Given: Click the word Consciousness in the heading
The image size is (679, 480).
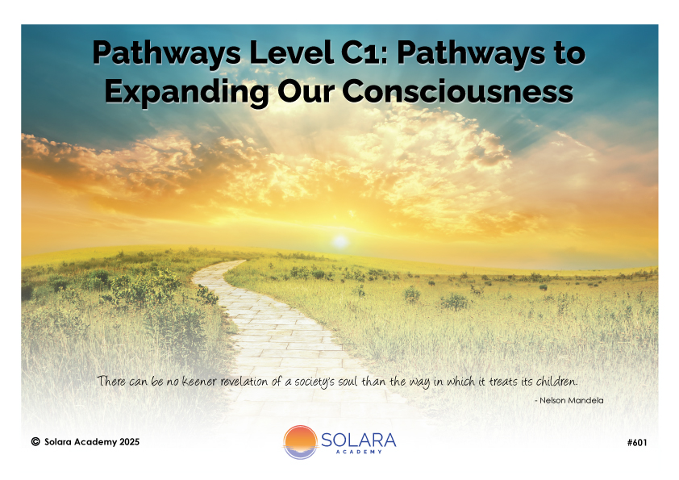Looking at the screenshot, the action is pos(458,91).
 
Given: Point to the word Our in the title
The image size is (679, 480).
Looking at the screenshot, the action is pos(306,91).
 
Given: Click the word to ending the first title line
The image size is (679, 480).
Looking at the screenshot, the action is pos(570,54).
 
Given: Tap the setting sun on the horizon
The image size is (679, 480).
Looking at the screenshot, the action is pos(340,241).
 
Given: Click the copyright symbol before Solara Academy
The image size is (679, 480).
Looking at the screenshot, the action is pos(35,441).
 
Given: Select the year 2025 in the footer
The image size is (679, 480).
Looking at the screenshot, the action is pos(130,442).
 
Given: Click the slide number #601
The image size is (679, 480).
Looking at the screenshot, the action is pos(637,442).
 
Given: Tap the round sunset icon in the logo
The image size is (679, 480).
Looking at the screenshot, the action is pos(300,442).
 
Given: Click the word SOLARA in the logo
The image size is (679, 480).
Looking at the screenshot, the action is pos(359,440).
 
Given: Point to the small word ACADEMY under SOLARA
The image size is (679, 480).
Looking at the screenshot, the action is pos(359,452).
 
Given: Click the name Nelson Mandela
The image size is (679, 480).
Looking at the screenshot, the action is pos(572,400).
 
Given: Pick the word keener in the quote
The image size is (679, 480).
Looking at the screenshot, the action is pos(198,382).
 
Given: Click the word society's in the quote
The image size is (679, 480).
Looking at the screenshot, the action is pos(315,382).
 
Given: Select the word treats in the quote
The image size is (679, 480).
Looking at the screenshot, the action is pos(502,382).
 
